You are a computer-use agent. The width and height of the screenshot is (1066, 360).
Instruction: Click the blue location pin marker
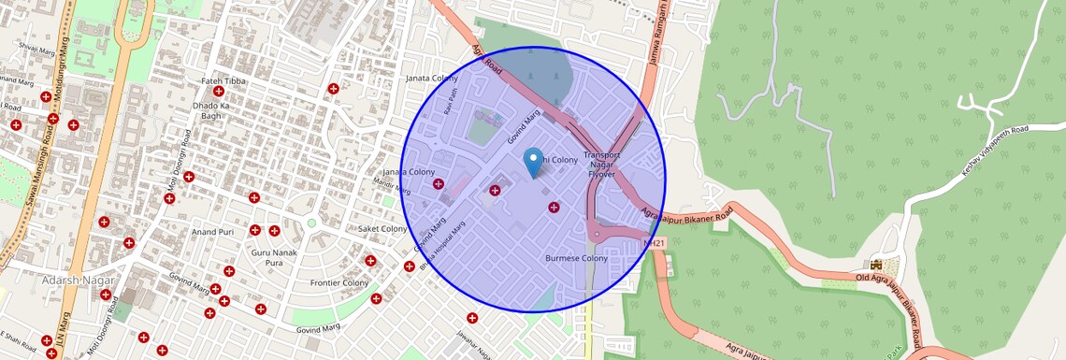coord(533,161)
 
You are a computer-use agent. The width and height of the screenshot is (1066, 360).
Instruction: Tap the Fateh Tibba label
coord(223,81)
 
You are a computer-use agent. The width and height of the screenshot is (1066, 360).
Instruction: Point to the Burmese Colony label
coord(576,258)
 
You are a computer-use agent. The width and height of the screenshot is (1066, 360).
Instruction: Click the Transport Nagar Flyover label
coord(602,164)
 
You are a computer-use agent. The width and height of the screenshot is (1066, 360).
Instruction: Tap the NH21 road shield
coord(655,244)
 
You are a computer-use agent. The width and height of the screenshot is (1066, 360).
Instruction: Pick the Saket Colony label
coord(383,229)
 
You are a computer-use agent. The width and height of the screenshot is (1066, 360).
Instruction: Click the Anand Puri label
coord(212,231)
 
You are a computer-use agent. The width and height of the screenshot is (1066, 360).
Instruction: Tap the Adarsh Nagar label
coord(79,281)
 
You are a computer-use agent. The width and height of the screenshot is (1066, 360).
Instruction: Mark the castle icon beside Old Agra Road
coord(877,265)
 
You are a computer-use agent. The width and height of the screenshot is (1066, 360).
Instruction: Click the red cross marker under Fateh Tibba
coord(219,92)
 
